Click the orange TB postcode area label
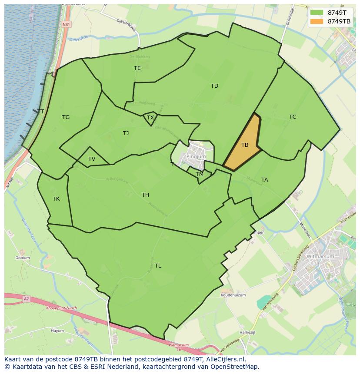(x=245, y=145)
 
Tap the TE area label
(x=137, y=68)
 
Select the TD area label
(x=214, y=86)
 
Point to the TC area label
(x=293, y=117)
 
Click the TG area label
(x=66, y=117)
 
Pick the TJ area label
(x=126, y=133)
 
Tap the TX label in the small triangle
(x=150, y=118)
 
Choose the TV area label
(x=92, y=159)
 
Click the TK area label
(x=56, y=199)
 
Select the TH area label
(x=145, y=195)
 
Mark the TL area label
(x=158, y=266)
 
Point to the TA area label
(x=264, y=180)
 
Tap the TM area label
(x=199, y=174)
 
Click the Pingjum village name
(x=196, y=156)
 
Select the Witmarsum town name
(x=320, y=256)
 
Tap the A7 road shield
(x=26, y=299)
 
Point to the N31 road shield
(x=66, y=24)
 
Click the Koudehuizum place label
(x=233, y=295)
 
